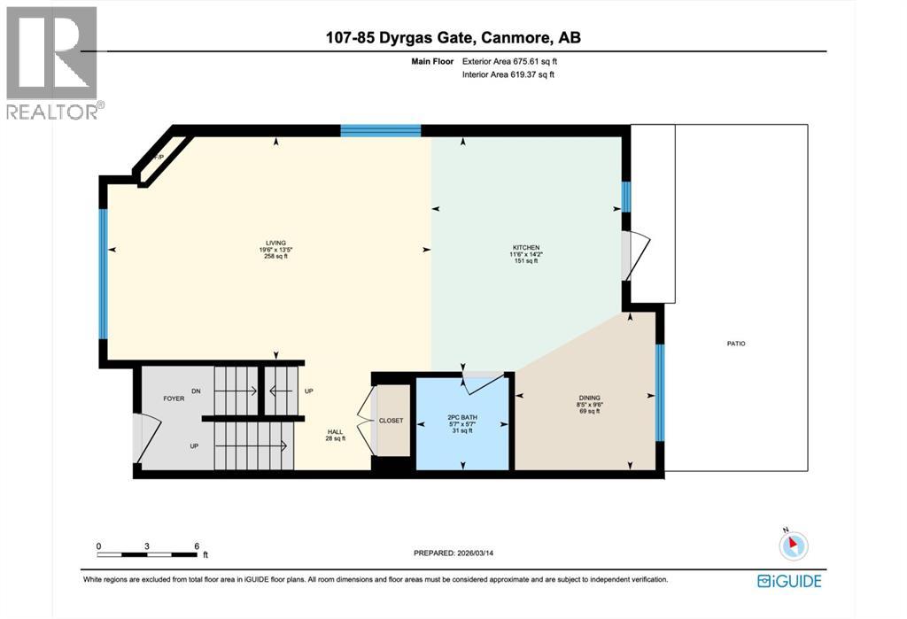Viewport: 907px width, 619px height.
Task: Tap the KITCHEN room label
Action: [x=525, y=248]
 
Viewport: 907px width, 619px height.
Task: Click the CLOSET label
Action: [x=391, y=421]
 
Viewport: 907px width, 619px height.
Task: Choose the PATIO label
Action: [x=735, y=343]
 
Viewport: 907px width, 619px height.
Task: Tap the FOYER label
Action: [x=174, y=398]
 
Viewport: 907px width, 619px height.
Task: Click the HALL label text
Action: [x=335, y=432]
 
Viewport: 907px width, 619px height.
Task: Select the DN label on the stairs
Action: [x=196, y=391]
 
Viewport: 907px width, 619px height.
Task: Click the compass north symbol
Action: [x=794, y=545]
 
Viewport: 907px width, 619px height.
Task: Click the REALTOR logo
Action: [x=52, y=63]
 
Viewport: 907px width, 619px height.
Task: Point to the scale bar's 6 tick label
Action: [x=196, y=545]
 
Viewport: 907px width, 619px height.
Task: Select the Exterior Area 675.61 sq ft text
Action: [x=509, y=62]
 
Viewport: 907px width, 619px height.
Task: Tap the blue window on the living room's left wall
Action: [x=103, y=274]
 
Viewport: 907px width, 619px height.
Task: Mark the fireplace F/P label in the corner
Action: [x=159, y=158]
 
